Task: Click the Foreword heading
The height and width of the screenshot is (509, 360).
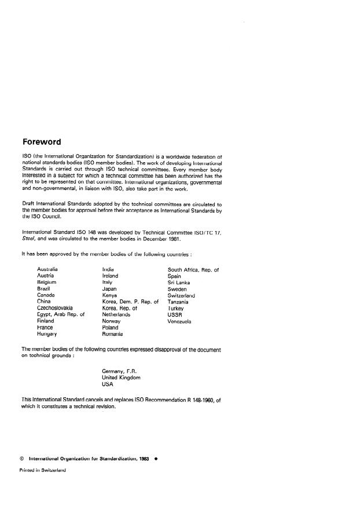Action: tap(41, 142)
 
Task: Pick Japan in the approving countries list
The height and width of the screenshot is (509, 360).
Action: tap(110, 288)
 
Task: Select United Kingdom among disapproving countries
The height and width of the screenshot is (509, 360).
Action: tap(121, 377)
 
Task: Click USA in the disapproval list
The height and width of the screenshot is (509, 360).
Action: tap(108, 384)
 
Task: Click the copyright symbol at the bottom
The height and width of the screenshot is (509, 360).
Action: tap(22, 458)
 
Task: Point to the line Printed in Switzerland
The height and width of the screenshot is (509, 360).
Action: tap(43, 470)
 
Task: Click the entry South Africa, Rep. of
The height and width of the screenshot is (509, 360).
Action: tap(193, 270)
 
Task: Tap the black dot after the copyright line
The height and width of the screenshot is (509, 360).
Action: tap(156, 458)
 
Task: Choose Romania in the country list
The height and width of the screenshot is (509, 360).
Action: tap(112, 334)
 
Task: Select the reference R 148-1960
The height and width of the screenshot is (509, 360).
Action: tap(196, 400)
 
